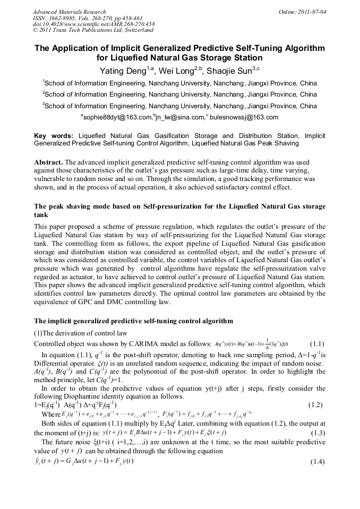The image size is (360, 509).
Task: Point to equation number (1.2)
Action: coord(318,404)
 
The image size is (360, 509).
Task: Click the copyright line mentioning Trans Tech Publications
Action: coord(93,31)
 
